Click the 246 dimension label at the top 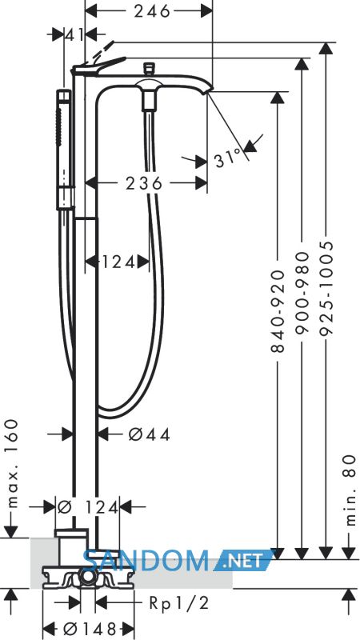pos(151,11)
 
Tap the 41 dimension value pos(74,35)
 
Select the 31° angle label pos(228,158)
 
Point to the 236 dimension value pos(144,184)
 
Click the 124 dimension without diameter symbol pos(118,262)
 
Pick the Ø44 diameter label pos(150,434)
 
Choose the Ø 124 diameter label pos(87,507)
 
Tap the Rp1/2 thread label pos(178,603)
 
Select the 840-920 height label pos(277,310)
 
